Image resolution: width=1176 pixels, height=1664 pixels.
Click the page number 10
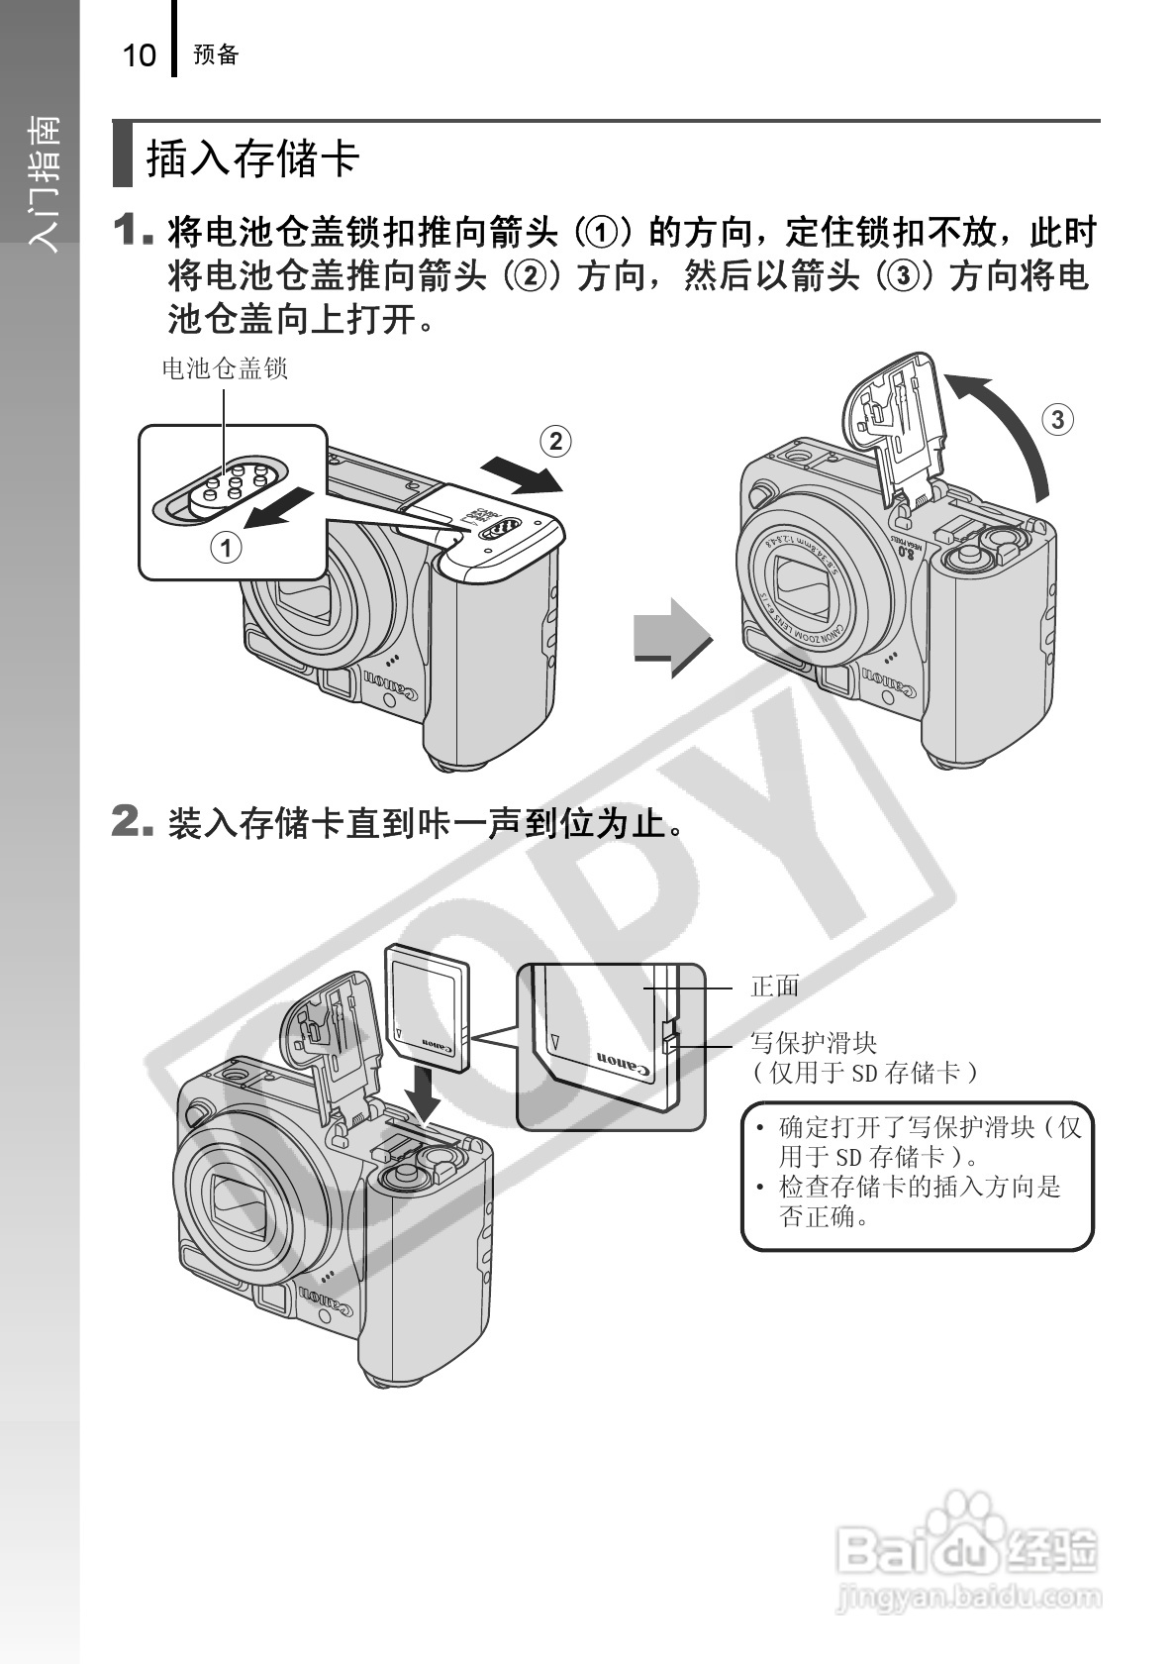click(139, 55)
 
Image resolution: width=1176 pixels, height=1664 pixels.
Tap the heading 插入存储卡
click(253, 157)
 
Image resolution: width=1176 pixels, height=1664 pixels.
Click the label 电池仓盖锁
click(225, 368)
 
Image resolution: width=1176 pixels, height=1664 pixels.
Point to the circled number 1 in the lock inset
click(227, 549)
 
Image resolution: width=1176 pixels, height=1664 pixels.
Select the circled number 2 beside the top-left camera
click(555, 442)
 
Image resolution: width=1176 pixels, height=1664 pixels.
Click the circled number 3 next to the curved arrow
click(1057, 420)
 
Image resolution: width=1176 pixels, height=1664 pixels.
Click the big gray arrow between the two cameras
click(673, 638)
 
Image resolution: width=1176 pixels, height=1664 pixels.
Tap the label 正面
click(775, 987)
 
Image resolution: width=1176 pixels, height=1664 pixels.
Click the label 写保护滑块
click(814, 1043)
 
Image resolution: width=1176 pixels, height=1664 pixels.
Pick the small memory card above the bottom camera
click(428, 1007)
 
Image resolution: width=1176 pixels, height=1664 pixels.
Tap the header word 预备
click(216, 54)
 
